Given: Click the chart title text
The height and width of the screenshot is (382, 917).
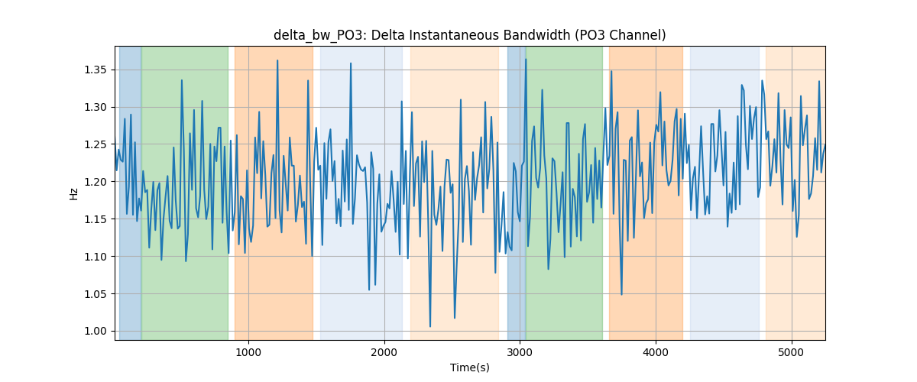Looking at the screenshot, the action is point(469,35).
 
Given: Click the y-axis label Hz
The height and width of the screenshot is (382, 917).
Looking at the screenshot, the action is point(73,193).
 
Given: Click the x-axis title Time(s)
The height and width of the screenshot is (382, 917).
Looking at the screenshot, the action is point(469,367).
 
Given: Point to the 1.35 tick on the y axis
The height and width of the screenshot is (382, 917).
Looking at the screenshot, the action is point(96,70).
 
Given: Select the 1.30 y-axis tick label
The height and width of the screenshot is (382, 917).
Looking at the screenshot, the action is point(96,107).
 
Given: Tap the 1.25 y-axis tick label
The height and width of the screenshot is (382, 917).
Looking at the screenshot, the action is point(96,144).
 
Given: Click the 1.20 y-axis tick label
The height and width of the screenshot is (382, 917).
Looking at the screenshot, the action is point(96,182).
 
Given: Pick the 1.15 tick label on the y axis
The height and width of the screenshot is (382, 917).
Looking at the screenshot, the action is point(96,219).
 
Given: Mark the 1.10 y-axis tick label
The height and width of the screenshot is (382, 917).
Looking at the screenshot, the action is point(96,257).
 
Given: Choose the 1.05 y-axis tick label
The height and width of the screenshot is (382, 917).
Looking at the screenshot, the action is point(96,294).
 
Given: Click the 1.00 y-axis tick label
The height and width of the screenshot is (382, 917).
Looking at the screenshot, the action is point(96,332).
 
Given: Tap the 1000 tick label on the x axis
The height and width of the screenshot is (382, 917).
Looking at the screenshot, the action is point(248,353).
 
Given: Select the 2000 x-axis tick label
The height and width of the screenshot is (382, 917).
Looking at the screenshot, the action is point(384,353).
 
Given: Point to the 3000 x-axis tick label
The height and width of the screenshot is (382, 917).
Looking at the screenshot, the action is point(520,353).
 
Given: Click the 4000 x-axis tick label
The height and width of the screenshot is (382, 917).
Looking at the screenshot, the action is point(656,353).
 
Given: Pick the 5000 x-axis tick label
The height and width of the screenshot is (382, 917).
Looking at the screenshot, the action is point(792,353).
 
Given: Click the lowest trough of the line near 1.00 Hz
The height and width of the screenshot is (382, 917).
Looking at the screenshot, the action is point(429,326).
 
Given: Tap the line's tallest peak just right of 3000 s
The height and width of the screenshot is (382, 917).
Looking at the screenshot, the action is point(526,60).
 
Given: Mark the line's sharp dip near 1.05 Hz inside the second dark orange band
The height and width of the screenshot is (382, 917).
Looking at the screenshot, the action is point(621,294).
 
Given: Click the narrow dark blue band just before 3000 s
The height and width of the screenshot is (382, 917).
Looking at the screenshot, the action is point(517,193).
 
